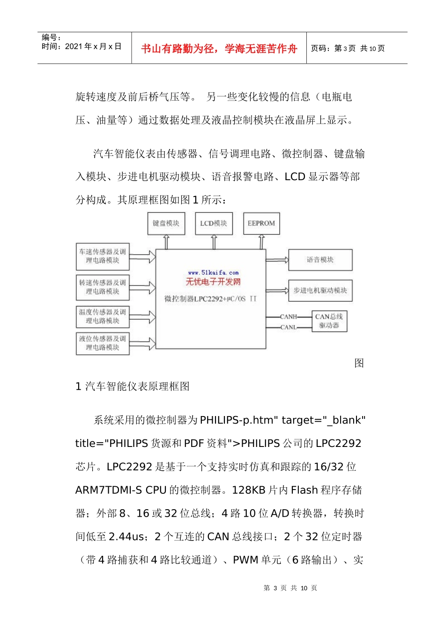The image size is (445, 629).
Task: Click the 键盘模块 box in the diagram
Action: [166, 223]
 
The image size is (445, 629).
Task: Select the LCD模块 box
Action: [214, 223]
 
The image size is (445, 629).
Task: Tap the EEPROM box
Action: [261, 223]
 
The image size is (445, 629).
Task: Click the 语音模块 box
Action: [320, 260]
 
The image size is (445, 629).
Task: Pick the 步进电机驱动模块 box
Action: [320, 291]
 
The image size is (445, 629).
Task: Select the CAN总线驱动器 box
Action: [329, 321]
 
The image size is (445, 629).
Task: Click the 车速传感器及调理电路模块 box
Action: [103, 256]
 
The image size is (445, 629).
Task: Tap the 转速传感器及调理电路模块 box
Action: [103, 287]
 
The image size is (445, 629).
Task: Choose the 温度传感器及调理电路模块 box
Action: [103, 316]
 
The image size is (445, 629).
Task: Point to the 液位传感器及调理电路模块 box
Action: [103, 343]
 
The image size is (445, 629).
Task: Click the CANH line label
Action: [289, 317]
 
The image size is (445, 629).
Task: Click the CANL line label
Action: [289, 327]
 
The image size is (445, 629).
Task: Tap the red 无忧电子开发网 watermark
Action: [213, 282]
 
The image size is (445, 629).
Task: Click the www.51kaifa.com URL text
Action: [213, 272]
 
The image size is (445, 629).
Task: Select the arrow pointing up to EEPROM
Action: [261, 242]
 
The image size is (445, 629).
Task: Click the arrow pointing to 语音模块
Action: [277, 260]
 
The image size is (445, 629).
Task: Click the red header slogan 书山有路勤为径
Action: [219, 49]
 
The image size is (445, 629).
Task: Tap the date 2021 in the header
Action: [74, 46]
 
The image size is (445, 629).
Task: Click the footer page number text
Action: [290, 588]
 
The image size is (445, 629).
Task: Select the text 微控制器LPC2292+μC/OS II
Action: [210, 299]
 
